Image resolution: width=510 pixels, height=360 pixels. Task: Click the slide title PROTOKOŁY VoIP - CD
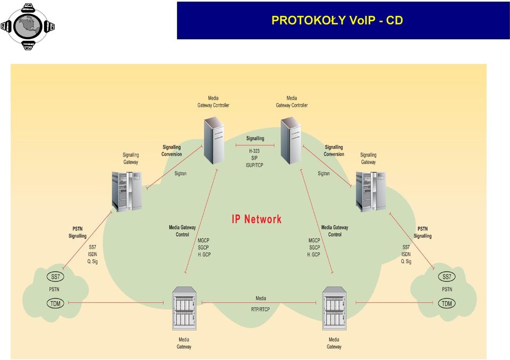[337, 20]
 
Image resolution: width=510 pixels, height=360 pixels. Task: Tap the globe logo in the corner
[28, 27]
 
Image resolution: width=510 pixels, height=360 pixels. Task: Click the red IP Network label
[257, 219]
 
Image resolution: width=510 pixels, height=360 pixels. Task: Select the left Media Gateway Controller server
[214, 141]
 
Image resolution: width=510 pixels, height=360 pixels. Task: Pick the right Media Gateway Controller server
[291, 141]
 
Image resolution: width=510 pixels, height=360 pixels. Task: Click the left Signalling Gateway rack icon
[127, 192]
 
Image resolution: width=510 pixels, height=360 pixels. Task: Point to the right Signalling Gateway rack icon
[371, 192]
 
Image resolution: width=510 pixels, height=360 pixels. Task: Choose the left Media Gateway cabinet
[184, 308]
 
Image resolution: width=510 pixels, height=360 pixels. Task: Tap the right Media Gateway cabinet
[334, 308]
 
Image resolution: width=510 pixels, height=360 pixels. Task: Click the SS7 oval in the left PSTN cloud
[55, 277]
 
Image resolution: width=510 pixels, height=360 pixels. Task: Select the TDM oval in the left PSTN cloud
[55, 303]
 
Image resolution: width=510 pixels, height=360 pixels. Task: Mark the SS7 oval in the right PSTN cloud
[447, 277]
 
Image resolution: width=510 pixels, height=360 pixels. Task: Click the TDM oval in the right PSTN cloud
[447, 303]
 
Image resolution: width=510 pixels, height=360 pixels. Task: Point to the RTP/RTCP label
[260, 309]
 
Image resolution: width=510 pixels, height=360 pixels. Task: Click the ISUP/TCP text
[254, 165]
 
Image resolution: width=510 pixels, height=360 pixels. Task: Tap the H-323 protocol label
[254, 151]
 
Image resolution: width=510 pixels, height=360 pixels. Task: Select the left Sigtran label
[181, 173]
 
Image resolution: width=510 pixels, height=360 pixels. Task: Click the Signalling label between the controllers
[256, 139]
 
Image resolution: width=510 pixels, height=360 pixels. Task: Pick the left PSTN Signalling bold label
[78, 233]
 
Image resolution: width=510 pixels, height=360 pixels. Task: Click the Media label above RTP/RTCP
[261, 298]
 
